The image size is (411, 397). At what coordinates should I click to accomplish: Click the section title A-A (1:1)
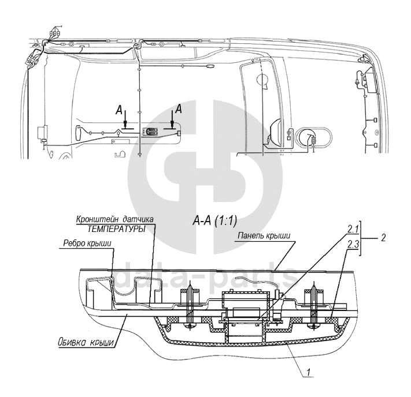coord(214,222)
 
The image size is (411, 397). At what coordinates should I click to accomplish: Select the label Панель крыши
coord(264,235)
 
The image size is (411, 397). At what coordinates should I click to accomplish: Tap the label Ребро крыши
coord(87,243)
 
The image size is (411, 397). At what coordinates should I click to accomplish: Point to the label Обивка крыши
coord(87,342)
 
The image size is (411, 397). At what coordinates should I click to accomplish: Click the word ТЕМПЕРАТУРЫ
coord(116,229)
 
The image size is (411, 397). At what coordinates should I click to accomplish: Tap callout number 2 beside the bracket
coord(383,238)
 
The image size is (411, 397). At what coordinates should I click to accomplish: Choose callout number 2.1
coord(353,230)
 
